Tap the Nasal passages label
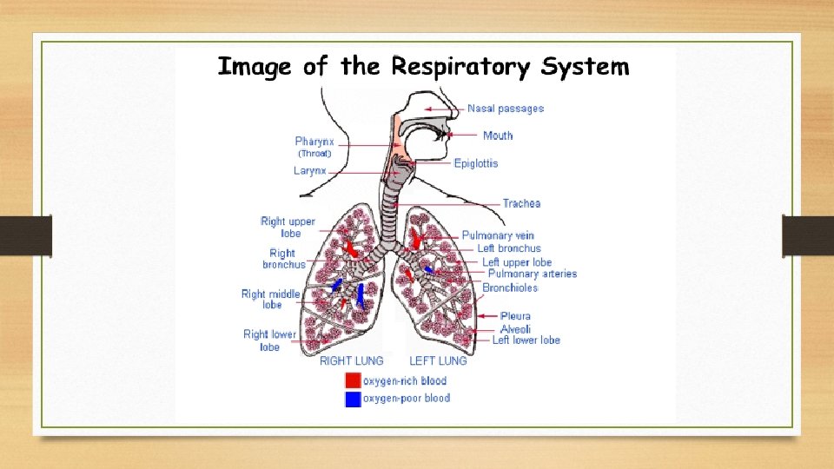[506, 109]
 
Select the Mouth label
[498, 135]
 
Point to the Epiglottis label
[476, 163]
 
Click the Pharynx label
[314, 142]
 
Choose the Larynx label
[310, 171]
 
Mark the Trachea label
[521, 203]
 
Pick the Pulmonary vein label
[498, 235]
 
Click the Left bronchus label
[509, 248]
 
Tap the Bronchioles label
[510, 287]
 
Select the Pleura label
[515, 316]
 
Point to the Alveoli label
[515, 329]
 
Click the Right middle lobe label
[271, 300]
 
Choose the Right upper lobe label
[288, 228]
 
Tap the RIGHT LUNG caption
[352, 360]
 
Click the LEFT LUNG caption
[438, 360]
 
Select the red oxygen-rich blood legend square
[353, 380]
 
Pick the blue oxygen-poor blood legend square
[353, 399]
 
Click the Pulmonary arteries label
[533, 274]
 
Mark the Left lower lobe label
[526, 340]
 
